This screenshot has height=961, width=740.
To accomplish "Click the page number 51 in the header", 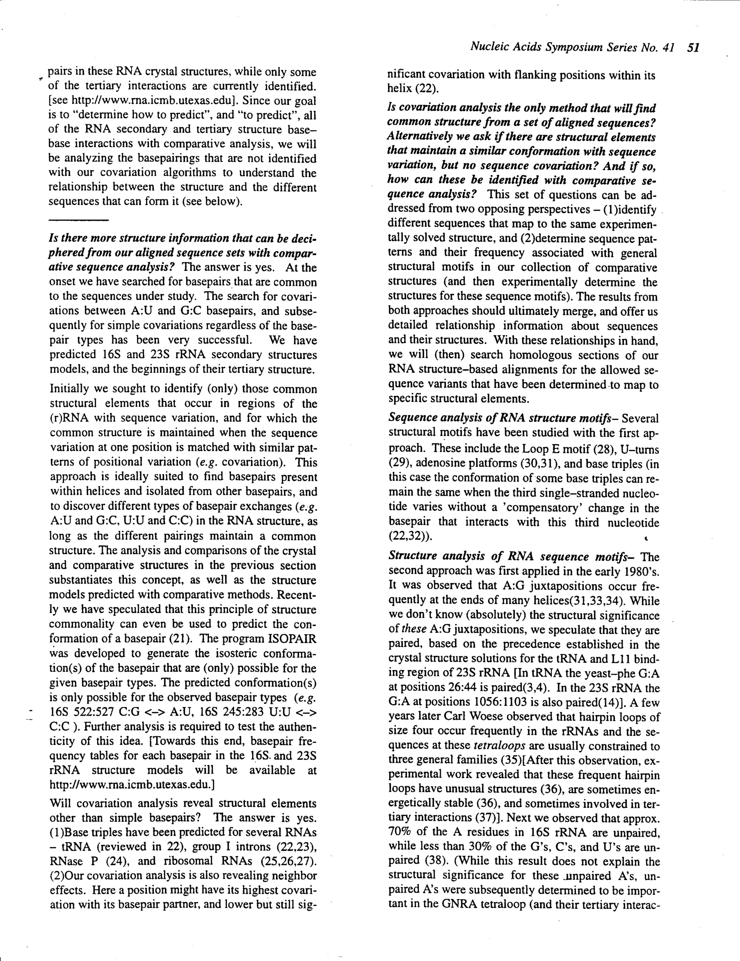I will coord(693,47).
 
